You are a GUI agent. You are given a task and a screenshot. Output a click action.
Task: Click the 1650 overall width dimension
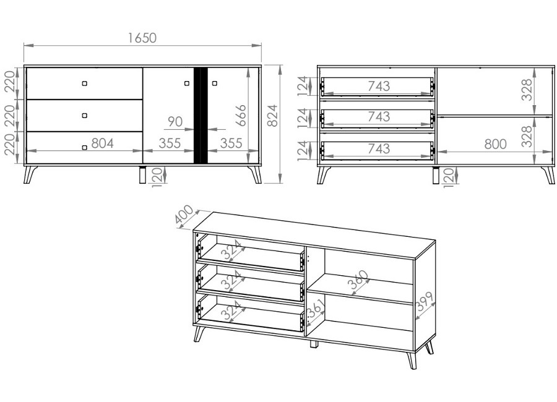click(142, 38)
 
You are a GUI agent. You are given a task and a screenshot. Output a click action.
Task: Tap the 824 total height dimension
click(272, 116)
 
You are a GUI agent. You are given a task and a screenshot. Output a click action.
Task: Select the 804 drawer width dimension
click(102, 143)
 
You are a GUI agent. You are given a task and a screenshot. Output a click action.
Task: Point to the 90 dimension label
click(175, 122)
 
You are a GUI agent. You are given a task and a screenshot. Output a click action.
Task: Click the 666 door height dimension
click(241, 116)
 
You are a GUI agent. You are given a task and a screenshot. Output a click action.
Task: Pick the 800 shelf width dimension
click(495, 144)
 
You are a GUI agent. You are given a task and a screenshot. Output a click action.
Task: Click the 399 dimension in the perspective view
click(425, 301)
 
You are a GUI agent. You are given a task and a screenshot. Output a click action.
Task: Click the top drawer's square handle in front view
click(84, 83)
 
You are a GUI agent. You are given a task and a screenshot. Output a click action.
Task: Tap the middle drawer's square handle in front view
click(84, 116)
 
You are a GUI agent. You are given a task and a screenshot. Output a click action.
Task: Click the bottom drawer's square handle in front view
click(84, 147)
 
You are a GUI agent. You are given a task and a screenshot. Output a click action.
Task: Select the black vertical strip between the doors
click(201, 116)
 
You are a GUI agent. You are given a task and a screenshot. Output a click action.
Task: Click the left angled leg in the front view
click(30, 174)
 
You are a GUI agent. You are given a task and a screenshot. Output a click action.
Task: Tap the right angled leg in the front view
click(256, 174)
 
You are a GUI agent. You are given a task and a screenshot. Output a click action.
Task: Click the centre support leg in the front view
click(142, 175)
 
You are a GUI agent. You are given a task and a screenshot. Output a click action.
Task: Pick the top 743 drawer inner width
click(379, 86)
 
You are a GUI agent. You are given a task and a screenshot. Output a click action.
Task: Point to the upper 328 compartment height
click(528, 90)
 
